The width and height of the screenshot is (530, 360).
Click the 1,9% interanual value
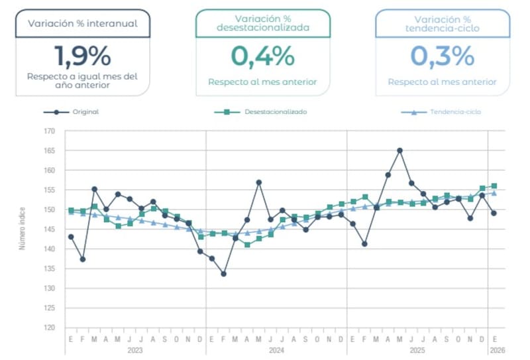(x=83, y=56)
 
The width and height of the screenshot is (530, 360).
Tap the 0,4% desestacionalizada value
(x=262, y=56)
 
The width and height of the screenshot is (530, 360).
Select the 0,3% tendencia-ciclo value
(x=442, y=56)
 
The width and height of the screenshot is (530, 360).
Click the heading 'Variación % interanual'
(x=83, y=23)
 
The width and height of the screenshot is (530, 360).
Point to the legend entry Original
(x=85, y=112)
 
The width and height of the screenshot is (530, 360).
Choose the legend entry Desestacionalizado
(x=275, y=112)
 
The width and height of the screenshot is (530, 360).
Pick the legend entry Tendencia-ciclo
(x=455, y=112)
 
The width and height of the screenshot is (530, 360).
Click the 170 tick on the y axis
(x=50, y=131)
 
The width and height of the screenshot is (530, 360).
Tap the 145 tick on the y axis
(x=50, y=229)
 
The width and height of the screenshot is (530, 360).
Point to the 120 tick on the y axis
(x=50, y=328)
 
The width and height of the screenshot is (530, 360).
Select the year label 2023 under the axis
(x=135, y=349)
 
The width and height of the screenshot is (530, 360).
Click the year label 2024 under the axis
(x=276, y=349)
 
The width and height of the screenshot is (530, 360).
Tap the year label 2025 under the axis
(x=417, y=349)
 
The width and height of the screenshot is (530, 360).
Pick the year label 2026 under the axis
(x=494, y=349)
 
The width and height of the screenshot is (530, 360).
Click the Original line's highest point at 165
(x=399, y=150)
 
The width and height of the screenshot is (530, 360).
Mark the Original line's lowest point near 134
(x=224, y=274)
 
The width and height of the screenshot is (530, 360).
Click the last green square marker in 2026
(x=494, y=186)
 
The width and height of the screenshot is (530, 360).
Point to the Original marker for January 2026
(x=494, y=213)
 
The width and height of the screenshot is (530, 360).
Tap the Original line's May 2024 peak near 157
(x=259, y=182)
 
